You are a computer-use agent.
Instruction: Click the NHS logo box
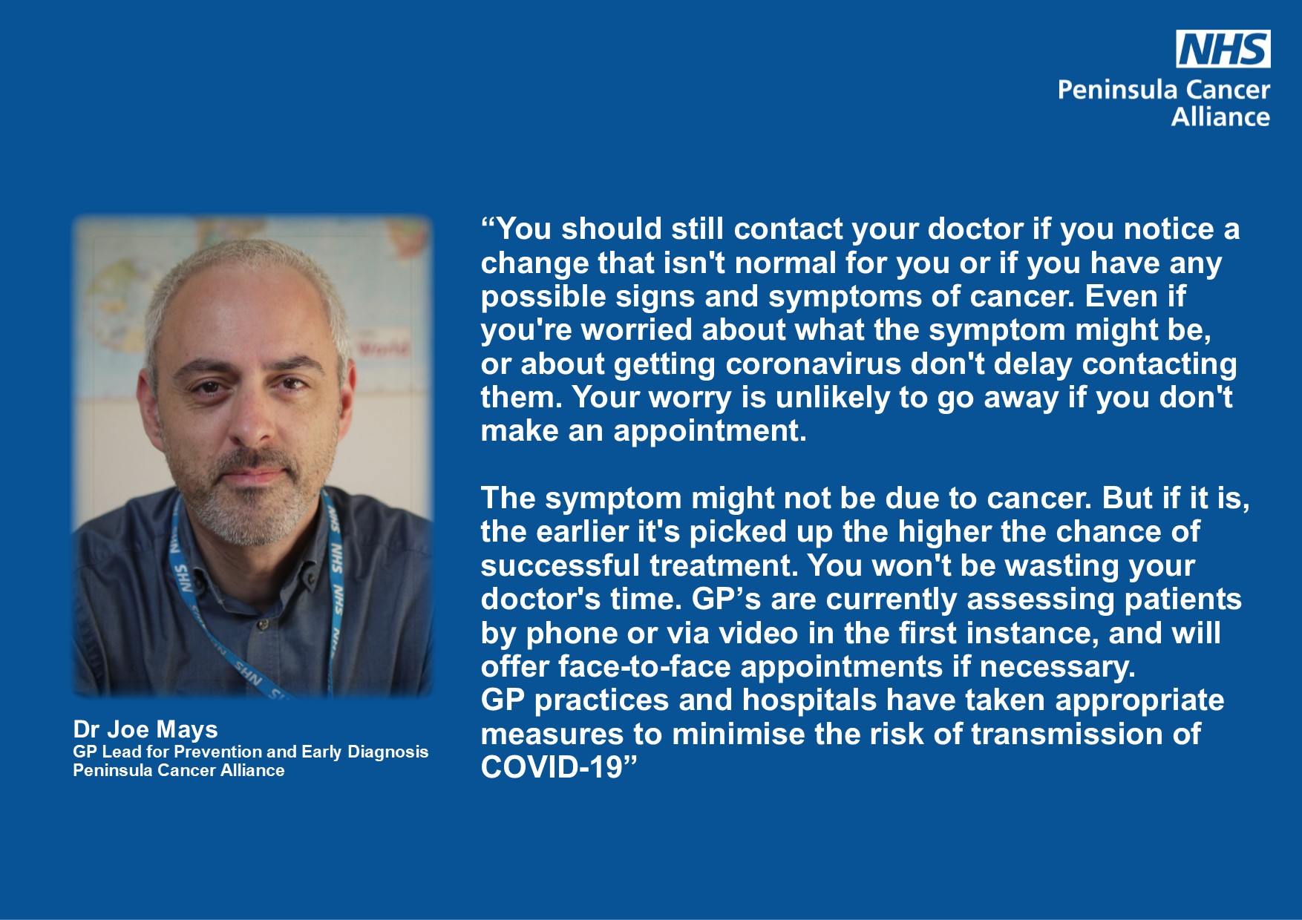pyautogui.click(x=1223, y=49)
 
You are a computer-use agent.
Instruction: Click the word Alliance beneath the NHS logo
pyautogui.click(x=1220, y=116)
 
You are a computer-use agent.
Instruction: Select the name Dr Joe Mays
pyautogui.click(x=145, y=730)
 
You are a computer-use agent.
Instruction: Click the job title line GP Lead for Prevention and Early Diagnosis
pyautogui.click(x=251, y=752)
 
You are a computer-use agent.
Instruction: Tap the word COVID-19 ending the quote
pyautogui.click(x=552, y=767)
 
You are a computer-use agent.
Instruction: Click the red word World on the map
pyautogui.click(x=384, y=347)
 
